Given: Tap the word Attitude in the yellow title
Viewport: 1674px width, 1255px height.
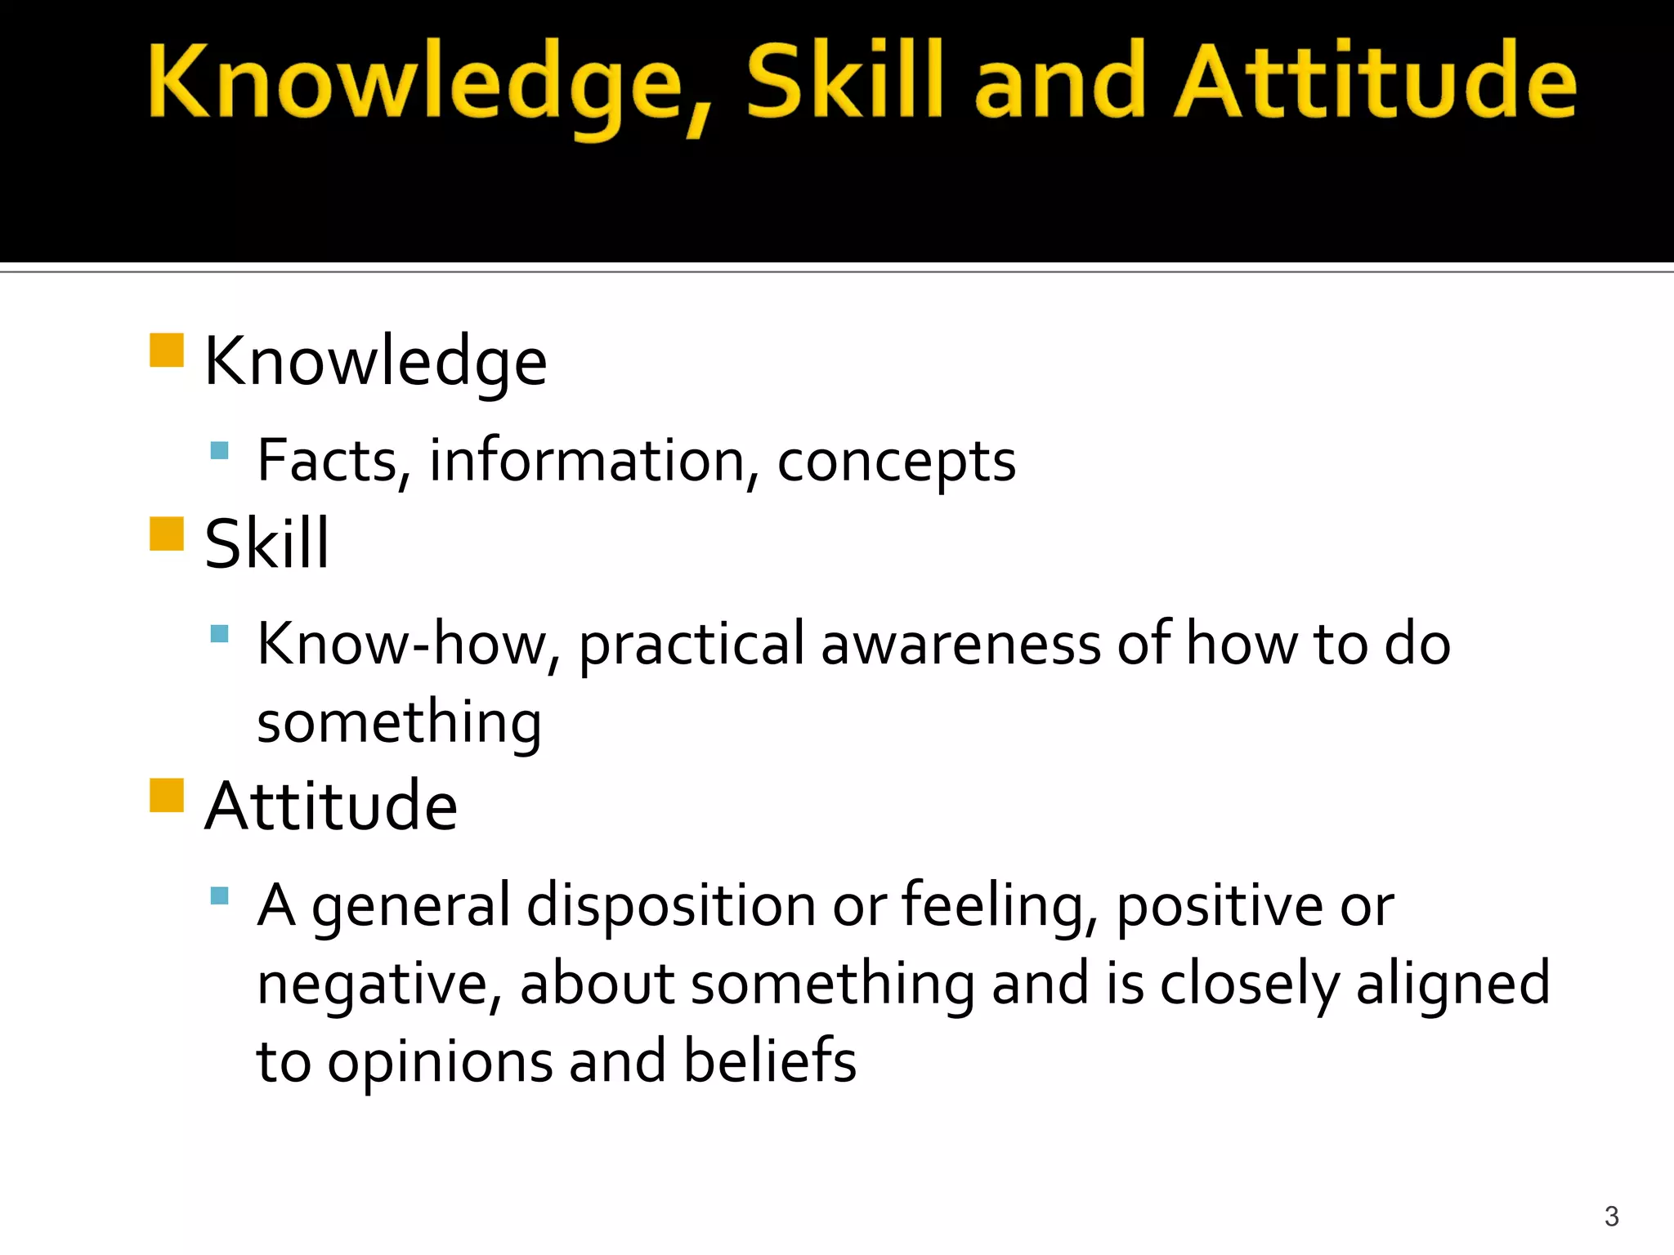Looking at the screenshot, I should [x=1375, y=82].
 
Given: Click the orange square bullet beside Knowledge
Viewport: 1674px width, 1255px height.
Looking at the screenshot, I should [x=167, y=350].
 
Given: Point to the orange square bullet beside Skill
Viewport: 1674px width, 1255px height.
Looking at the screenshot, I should [x=167, y=534].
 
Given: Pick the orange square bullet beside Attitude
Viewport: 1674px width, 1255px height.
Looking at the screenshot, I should [x=167, y=795].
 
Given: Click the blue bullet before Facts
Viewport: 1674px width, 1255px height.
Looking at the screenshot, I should [x=219, y=450].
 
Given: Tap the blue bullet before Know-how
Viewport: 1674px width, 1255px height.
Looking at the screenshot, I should [x=219, y=634].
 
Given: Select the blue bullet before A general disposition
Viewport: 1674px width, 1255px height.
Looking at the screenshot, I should [x=219, y=895].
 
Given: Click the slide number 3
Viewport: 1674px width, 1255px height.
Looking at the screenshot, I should [x=1611, y=1217].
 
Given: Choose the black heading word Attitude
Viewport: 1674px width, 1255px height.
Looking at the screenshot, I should [x=331, y=806].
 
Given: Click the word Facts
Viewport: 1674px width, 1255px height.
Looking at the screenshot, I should [x=328, y=461].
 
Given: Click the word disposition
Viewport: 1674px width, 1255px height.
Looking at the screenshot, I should [x=671, y=907].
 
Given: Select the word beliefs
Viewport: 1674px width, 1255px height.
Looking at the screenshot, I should [x=769, y=1061].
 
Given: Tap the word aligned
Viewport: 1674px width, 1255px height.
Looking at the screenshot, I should [x=1452, y=985].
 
